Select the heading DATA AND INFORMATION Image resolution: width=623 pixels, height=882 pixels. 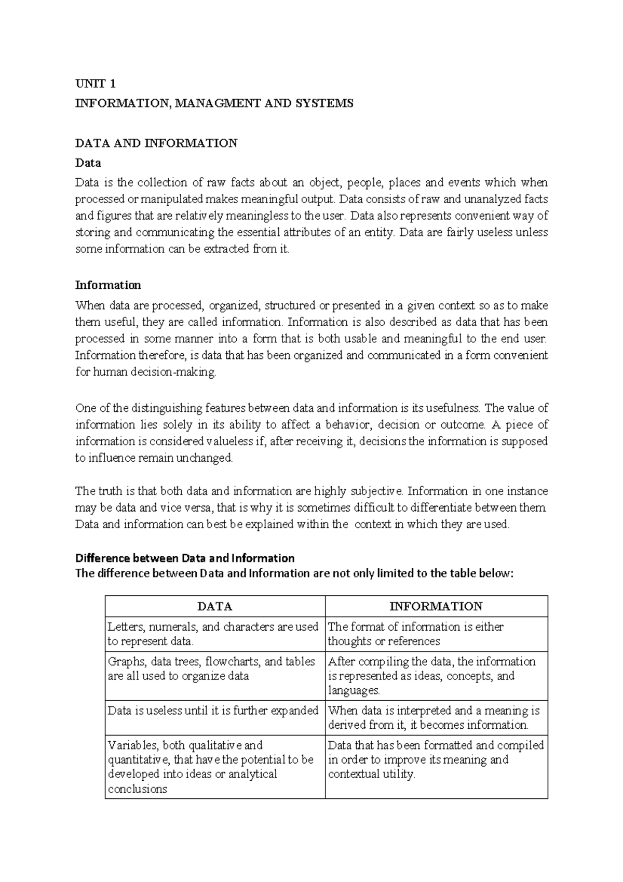[x=156, y=143]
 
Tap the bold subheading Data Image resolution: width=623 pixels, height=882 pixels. [x=88, y=163]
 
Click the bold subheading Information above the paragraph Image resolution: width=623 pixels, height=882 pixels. [x=108, y=285]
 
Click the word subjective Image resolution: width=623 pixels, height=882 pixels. [x=377, y=491]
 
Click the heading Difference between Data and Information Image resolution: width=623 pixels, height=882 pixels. [x=185, y=558]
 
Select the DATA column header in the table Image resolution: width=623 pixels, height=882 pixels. [x=215, y=607]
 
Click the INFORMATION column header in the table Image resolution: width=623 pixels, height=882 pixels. [x=436, y=607]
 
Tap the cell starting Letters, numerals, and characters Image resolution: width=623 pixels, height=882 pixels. [x=213, y=634]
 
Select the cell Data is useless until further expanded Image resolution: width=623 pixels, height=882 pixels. [x=213, y=711]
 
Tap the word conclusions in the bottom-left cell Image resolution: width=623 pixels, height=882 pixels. [x=138, y=789]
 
